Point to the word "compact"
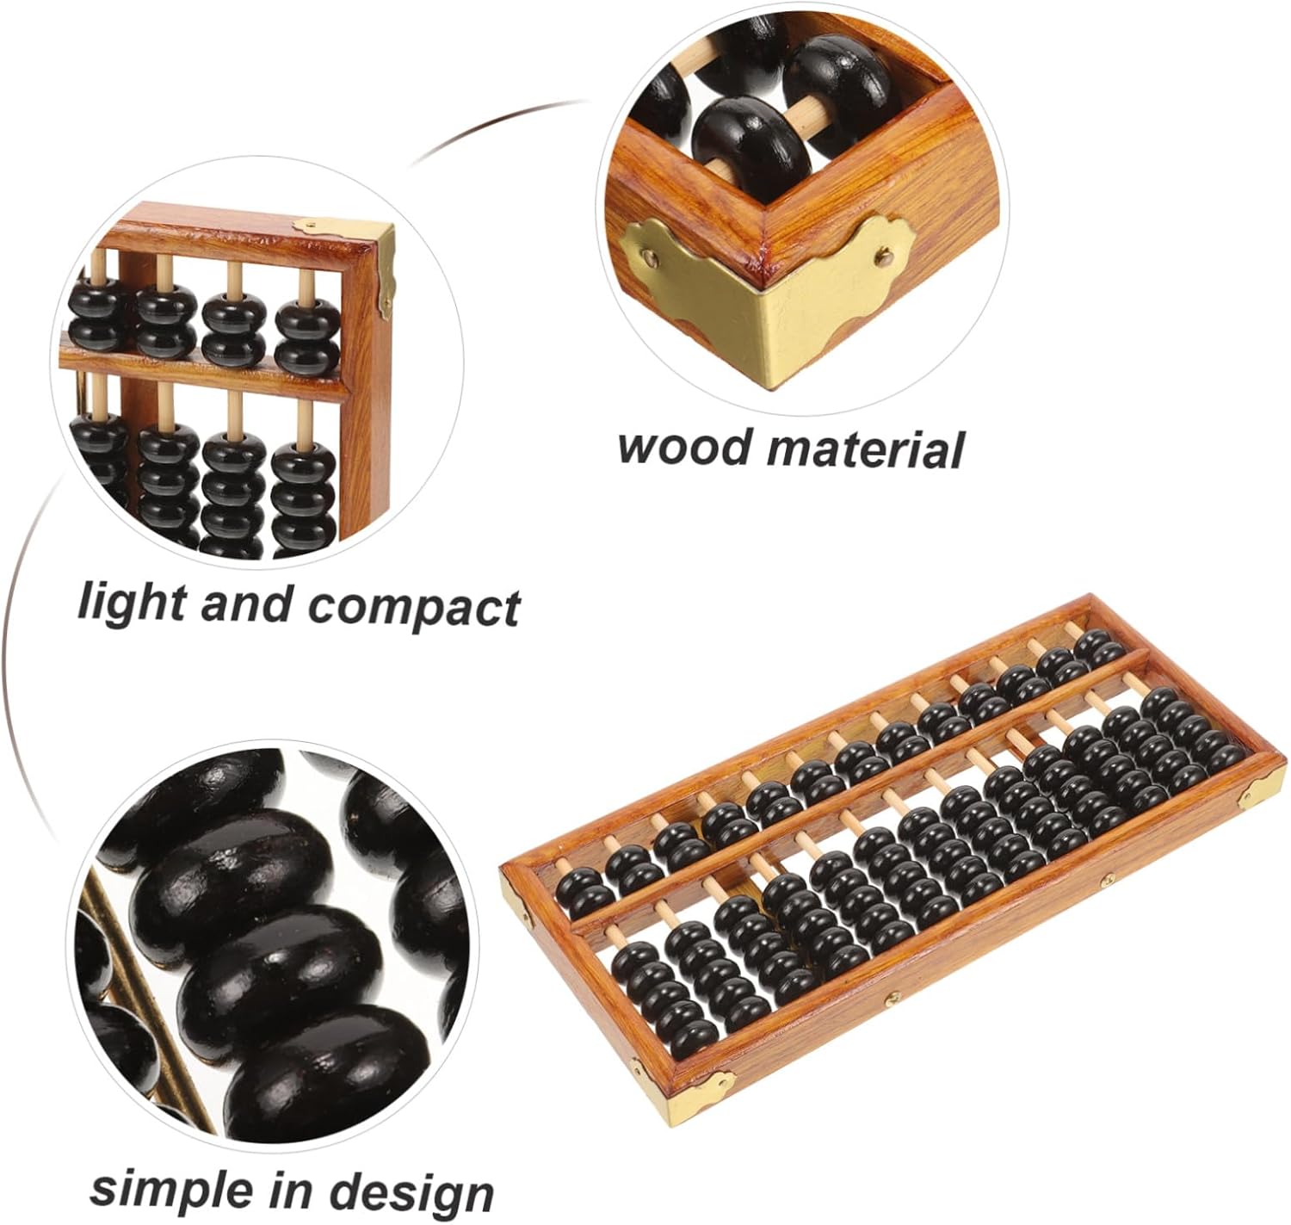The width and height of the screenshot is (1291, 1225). coord(414,606)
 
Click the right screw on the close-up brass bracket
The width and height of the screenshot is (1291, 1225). coord(883,254)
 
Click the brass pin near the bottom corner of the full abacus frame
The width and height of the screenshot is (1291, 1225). coord(893,999)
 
